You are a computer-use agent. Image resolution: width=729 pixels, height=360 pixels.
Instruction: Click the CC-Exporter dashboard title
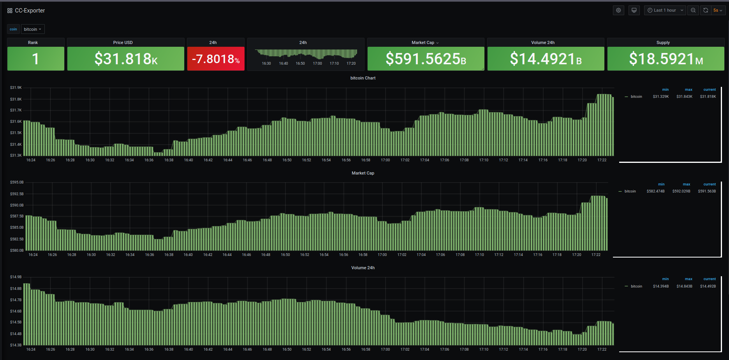click(x=30, y=11)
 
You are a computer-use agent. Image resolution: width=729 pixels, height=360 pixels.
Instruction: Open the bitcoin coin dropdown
click(x=33, y=29)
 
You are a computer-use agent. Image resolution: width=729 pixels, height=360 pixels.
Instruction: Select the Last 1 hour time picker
click(x=665, y=11)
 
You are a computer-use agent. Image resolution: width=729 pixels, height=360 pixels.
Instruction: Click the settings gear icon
click(x=618, y=11)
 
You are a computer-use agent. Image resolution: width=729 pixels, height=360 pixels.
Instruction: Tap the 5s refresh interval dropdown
click(x=718, y=11)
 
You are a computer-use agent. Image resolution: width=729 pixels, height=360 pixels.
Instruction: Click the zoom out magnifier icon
click(x=693, y=11)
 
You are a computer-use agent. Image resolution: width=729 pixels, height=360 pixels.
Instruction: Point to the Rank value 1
click(x=35, y=59)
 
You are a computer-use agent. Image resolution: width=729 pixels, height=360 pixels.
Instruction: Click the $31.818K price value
click(x=126, y=59)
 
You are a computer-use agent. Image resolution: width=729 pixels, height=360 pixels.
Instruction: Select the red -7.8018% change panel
click(x=216, y=59)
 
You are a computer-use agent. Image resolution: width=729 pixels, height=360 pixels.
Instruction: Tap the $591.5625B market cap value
click(x=426, y=59)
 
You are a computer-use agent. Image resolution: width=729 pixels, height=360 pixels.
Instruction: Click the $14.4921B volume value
click(x=546, y=59)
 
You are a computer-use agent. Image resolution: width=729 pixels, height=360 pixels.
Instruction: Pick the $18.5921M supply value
click(x=666, y=59)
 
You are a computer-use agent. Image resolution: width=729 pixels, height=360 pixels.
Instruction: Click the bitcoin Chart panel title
click(x=363, y=78)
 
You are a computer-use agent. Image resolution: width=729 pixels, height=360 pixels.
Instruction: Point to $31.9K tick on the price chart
click(x=16, y=88)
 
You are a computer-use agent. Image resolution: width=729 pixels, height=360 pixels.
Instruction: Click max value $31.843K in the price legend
click(x=684, y=97)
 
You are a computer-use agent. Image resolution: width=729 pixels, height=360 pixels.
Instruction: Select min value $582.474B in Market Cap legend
click(x=655, y=191)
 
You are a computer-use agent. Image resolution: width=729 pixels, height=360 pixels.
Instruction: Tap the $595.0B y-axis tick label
click(x=17, y=182)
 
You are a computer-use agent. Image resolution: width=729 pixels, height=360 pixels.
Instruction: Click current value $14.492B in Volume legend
click(x=708, y=286)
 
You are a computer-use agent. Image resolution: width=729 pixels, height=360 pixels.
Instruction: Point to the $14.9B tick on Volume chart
click(x=16, y=277)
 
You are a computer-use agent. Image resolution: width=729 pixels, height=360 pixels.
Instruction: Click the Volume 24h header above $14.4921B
click(x=542, y=42)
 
